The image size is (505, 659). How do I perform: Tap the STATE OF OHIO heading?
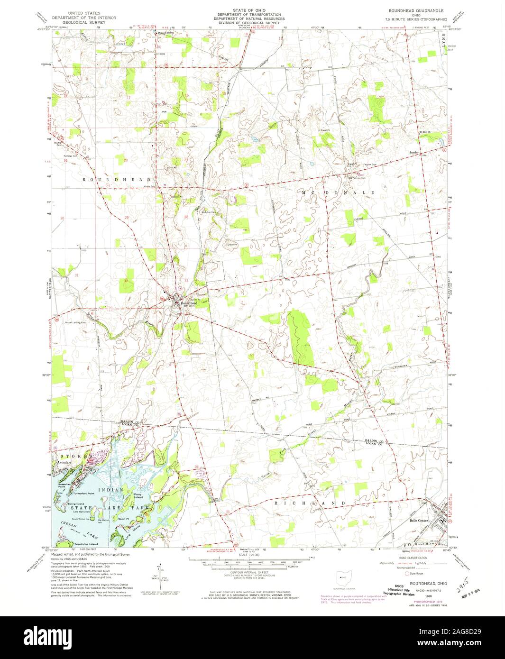tap(252, 9)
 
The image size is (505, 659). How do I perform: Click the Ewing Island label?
tap(76, 503)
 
